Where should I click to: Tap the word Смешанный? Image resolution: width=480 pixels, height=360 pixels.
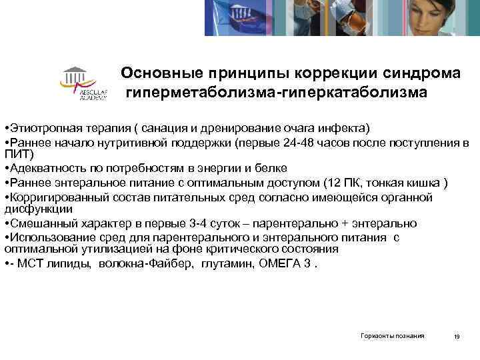coord(35,223)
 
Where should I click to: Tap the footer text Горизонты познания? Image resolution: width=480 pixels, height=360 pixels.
coord(392,336)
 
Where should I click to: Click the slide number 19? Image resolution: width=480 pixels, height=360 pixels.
coord(457,337)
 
